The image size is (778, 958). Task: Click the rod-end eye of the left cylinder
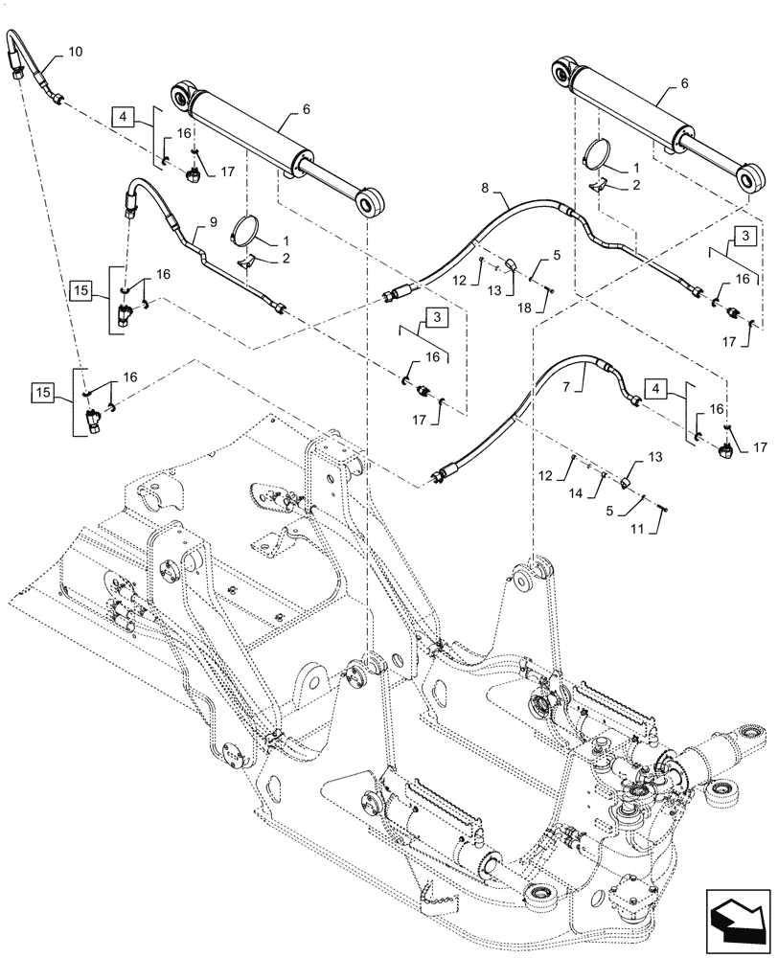click(x=368, y=203)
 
